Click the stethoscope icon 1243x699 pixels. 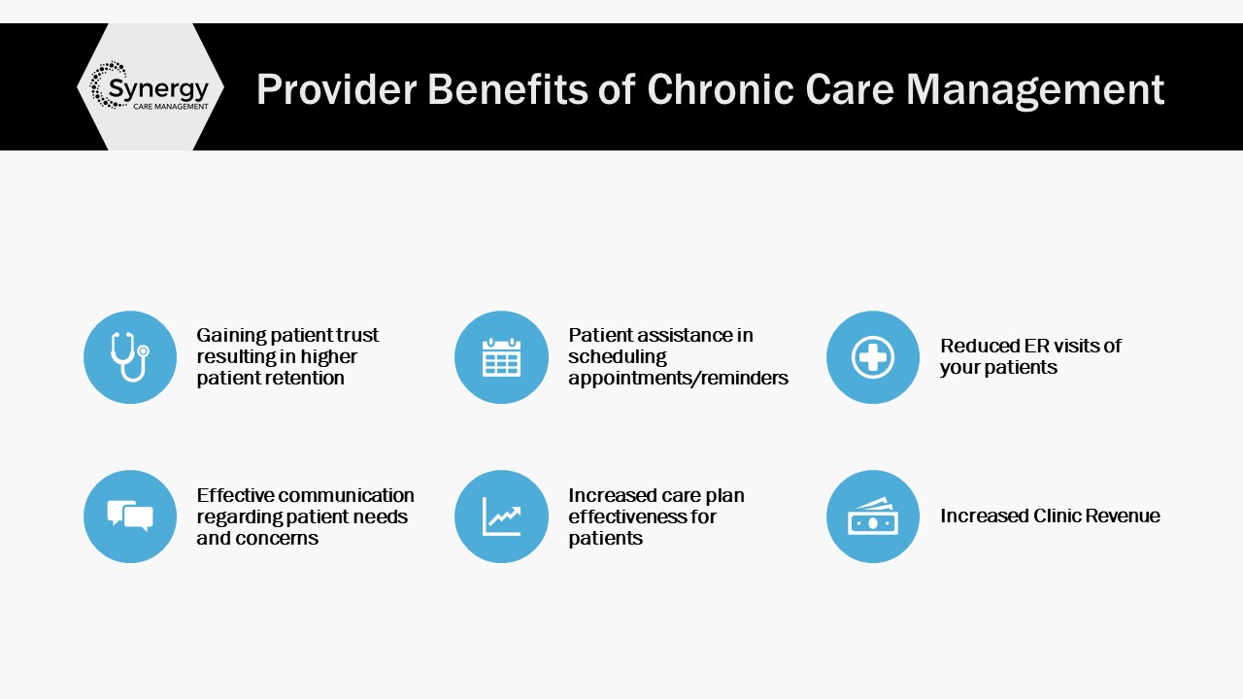click(x=130, y=356)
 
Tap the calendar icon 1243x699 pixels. click(x=501, y=357)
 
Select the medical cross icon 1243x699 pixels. click(x=873, y=357)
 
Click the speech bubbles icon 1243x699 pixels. click(x=130, y=516)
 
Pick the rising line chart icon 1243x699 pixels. click(x=501, y=516)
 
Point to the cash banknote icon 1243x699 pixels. click(x=873, y=516)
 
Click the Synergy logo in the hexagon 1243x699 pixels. click(x=150, y=86)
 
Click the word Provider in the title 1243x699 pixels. click(x=336, y=88)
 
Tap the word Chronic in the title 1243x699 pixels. click(x=721, y=88)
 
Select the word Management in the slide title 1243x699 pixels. click(x=1035, y=90)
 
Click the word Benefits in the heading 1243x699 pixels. click(x=508, y=88)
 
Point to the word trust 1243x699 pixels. click(x=357, y=335)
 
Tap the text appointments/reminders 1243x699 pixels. click(x=678, y=379)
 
